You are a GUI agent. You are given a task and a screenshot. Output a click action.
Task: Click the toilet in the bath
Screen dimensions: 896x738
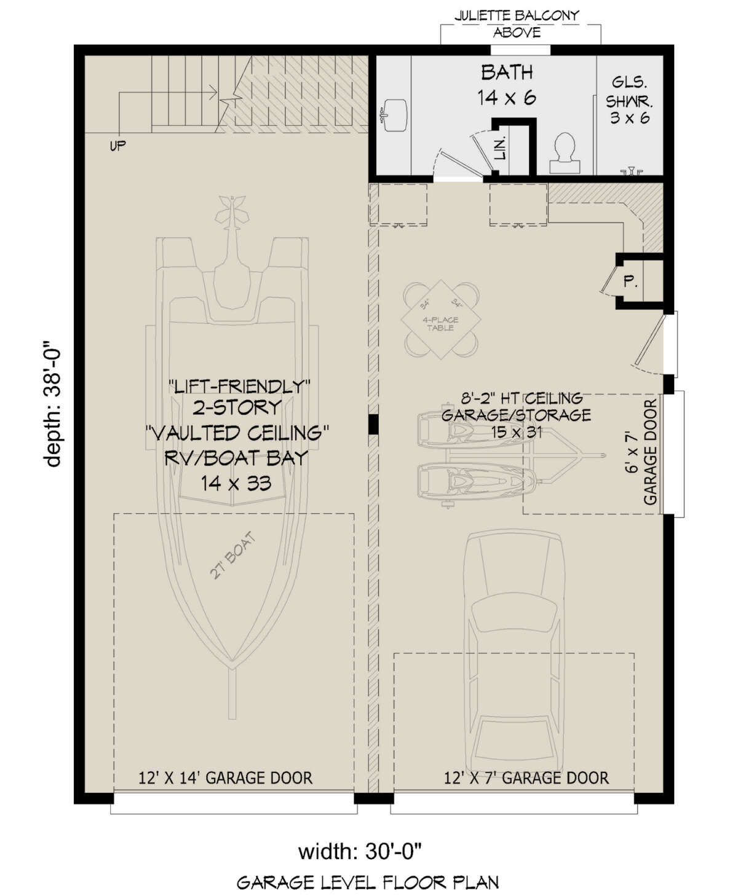(x=563, y=151)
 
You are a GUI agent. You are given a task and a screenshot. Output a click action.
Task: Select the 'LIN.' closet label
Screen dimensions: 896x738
(x=501, y=148)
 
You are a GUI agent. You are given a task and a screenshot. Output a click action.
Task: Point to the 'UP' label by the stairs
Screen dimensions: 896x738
(x=117, y=146)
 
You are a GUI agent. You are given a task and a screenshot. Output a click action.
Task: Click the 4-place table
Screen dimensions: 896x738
(x=440, y=321)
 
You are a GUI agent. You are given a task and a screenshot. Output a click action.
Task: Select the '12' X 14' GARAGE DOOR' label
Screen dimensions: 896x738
(x=225, y=778)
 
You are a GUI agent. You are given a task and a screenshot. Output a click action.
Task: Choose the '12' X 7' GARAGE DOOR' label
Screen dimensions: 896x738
(x=526, y=778)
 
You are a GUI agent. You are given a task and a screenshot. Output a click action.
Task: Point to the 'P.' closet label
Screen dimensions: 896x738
(x=630, y=283)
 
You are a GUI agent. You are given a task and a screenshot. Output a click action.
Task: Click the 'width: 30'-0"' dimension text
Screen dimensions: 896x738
(x=360, y=852)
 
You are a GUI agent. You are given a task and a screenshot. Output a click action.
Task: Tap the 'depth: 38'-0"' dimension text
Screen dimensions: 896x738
(x=54, y=406)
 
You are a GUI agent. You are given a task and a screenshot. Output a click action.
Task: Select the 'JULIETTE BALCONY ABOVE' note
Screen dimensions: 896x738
(x=517, y=24)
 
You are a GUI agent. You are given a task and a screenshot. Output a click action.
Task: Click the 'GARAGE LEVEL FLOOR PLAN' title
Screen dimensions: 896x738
(x=367, y=884)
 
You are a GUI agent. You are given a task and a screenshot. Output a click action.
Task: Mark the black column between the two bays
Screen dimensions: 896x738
(x=373, y=424)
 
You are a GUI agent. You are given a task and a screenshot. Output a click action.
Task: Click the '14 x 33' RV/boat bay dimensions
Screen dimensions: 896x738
(x=236, y=483)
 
